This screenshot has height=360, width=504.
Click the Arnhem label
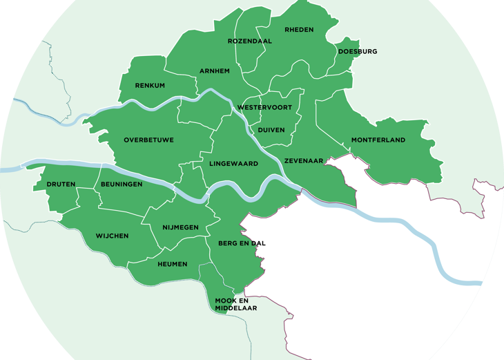pos(214,71)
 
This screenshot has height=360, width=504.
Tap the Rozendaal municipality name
pos(249,41)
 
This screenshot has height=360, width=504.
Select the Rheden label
pos(299,30)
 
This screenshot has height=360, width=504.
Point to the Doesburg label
pos(357,52)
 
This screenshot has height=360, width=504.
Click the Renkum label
pos(150,86)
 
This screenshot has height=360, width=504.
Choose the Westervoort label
pos(264,108)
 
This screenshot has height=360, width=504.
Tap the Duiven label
pos(271,130)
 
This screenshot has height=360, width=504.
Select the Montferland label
pos(378,140)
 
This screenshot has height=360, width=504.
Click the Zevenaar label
pos(304,161)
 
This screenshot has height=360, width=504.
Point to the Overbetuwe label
pos(148,140)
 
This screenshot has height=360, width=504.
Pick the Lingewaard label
pos(233,164)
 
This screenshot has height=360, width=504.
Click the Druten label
pos(61,184)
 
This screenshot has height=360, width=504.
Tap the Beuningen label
pos(122,184)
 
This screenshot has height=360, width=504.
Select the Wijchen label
pos(112,236)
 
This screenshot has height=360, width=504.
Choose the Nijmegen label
pos(180,227)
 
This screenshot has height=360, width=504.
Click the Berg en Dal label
pos(242,243)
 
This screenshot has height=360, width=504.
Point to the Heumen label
pos(172,264)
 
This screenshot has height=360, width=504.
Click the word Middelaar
pos(235,308)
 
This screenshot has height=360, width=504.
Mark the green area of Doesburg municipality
pos(345,62)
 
